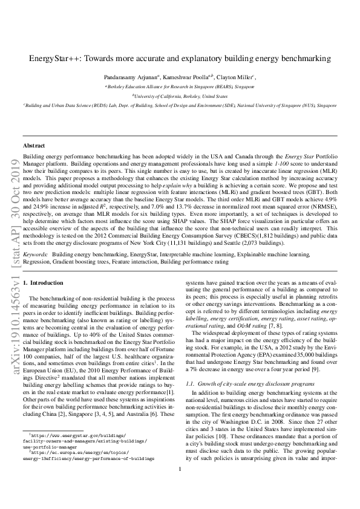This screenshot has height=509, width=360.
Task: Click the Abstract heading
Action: pyautogui.click(x=34, y=146)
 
